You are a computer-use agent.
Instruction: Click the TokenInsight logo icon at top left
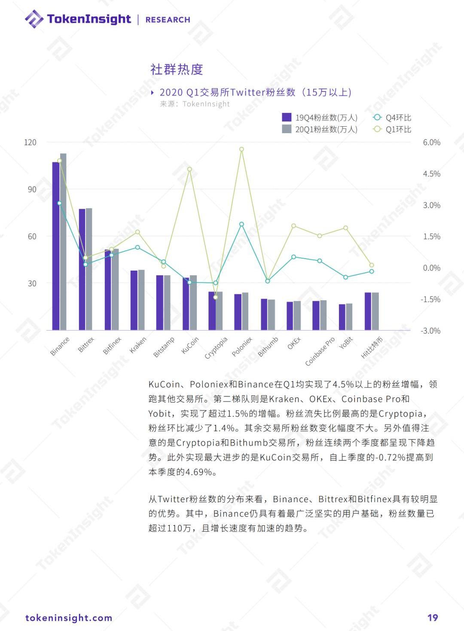[x=34, y=19]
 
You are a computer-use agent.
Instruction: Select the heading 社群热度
[x=177, y=69]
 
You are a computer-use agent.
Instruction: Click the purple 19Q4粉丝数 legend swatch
[x=287, y=117]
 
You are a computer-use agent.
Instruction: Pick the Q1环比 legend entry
[x=392, y=129]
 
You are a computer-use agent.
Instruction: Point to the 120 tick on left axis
[x=30, y=142]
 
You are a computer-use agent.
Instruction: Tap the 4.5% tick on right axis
[x=431, y=174]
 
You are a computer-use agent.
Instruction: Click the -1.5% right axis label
[x=430, y=299]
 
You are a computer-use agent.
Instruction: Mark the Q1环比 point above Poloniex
[x=241, y=149]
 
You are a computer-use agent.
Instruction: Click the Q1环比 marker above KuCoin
[x=189, y=169]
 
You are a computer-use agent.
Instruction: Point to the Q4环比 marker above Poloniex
[x=241, y=224]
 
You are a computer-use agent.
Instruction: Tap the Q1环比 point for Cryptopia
[x=216, y=297]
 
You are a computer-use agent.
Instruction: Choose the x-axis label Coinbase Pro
[x=320, y=351]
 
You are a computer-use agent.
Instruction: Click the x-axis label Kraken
[x=138, y=344]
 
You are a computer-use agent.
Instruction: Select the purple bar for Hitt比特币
[x=368, y=311]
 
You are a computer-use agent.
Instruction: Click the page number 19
[x=432, y=618]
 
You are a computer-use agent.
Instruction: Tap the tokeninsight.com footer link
[x=69, y=618]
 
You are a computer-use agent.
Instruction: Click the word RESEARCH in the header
[x=168, y=20]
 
